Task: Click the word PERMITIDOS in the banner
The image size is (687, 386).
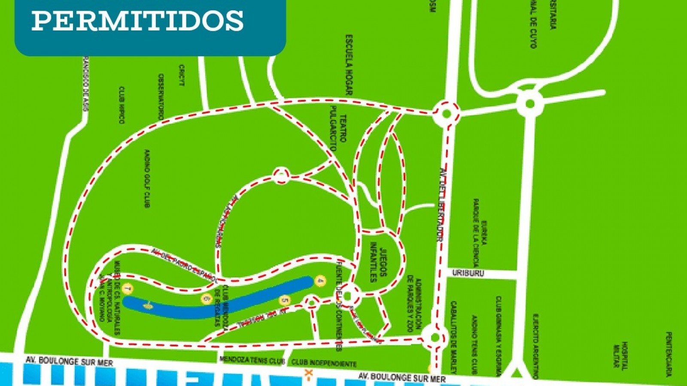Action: (137, 20)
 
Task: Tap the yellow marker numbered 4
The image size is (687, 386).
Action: (320, 281)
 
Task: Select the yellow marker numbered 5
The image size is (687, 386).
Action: (284, 301)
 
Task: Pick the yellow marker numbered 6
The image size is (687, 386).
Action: (207, 299)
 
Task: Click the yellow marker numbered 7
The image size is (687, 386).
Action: (127, 289)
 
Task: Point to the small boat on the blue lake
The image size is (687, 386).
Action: (148, 305)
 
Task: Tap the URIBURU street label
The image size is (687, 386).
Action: (468, 273)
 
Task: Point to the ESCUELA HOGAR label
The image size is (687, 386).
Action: (349, 65)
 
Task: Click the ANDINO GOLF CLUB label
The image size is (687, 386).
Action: (147, 178)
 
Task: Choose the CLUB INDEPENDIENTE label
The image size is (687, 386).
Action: (324, 363)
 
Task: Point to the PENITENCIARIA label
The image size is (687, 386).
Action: (669, 354)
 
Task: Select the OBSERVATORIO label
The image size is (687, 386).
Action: (161, 97)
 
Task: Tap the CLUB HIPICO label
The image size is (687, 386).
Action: (122, 105)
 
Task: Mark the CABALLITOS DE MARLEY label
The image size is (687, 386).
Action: (453, 337)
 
